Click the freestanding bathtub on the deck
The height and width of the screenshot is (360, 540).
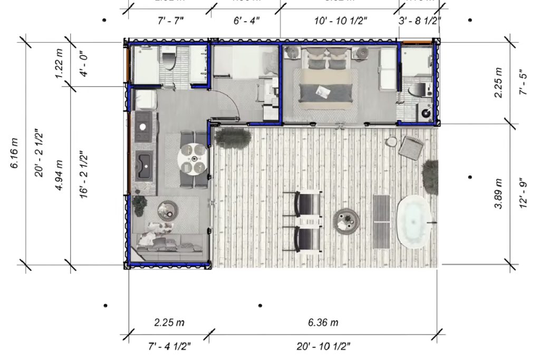tap(414, 221)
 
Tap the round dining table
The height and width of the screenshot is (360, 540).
tap(194, 159)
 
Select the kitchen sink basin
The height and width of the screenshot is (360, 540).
tap(143, 165)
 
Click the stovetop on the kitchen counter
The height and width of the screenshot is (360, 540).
tap(143, 125)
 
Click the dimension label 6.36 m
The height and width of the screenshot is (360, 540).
tap(323, 322)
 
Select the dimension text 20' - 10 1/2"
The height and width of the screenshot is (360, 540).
tap(323, 346)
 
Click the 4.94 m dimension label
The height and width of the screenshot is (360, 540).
tap(60, 175)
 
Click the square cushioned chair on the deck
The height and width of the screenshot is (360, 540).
tap(411, 148)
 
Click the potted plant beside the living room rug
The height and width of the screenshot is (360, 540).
tap(139, 205)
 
